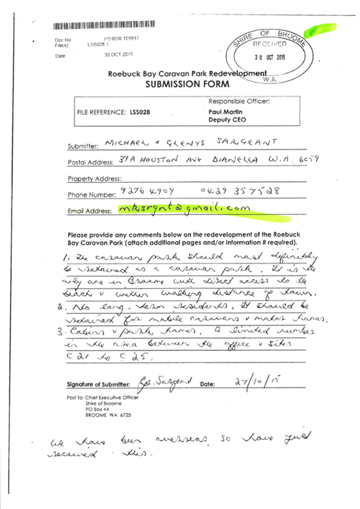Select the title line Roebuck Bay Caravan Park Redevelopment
point(187,74)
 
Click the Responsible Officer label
point(239,101)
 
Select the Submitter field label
point(83,146)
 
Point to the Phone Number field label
point(92,195)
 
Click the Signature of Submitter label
point(98,384)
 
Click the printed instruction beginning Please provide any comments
point(182,238)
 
